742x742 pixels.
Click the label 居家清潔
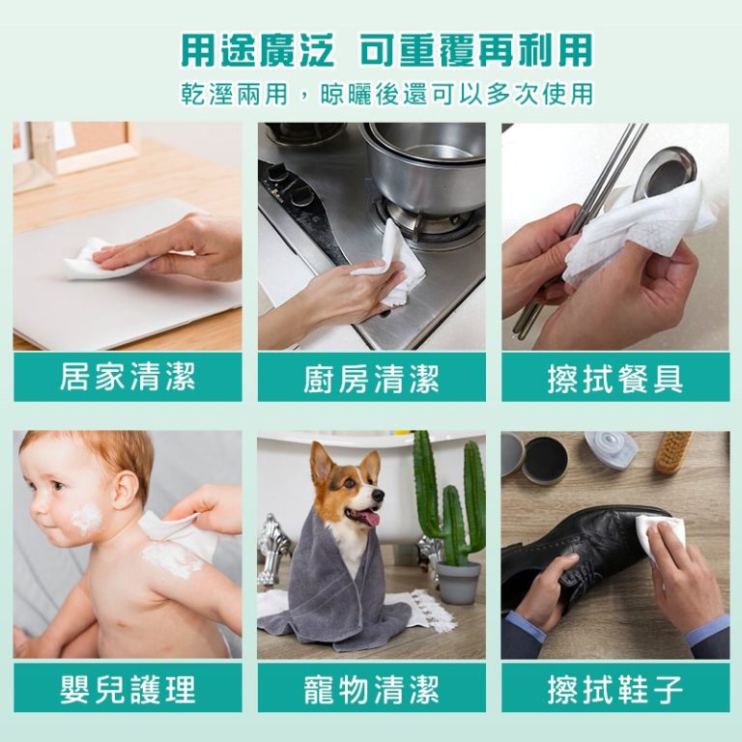click(x=128, y=377)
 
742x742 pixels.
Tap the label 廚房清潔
click(x=371, y=378)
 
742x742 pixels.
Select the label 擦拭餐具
click(x=615, y=378)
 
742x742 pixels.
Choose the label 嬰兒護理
click(x=128, y=689)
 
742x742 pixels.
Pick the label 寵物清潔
click(x=371, y=689)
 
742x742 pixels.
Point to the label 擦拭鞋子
click(x=615, y=689)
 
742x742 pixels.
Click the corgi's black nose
click(x=378, y=495)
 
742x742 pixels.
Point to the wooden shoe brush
click(x=674, y=452)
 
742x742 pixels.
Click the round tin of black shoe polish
click(x=544, y=458)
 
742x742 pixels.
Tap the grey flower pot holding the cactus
click(x=458, y=582)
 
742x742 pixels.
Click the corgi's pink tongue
click(x=372, y=519)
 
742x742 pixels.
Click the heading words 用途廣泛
click(x=258, y=49)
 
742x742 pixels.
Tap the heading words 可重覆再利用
click(x=476, y=49)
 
